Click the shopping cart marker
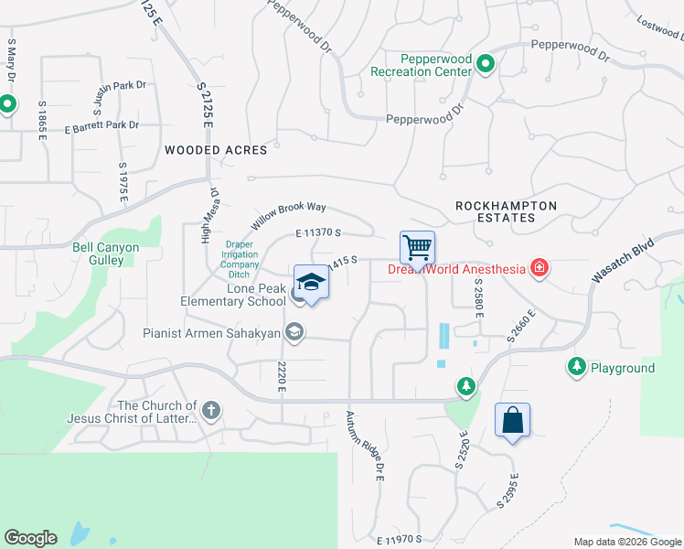tap(417, 247)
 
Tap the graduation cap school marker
tap(311, 284)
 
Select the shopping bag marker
tap(513, 421)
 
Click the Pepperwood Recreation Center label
tap(422, 65)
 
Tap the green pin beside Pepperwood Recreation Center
tap(486, 64)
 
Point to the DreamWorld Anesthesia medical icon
tap(540, 268)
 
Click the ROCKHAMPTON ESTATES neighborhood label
tap(507, 212)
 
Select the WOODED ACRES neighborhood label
tap(216, 150)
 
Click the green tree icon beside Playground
tap(576, 367)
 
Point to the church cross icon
tap(211, 411)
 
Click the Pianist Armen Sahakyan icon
tap(294, 333)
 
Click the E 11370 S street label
tap(318, 235)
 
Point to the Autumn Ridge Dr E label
tap(362, 446)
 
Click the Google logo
tap(30, 538)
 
